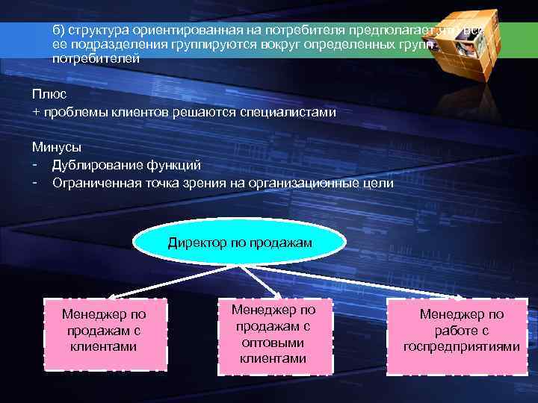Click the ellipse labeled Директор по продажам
[240, 243]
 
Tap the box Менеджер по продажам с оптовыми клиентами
[273, 334]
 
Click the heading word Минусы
[56, 147]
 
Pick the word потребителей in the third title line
[96, 58]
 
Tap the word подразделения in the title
[108, 45]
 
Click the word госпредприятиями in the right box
[461, 347]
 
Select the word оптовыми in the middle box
[273, 343]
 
